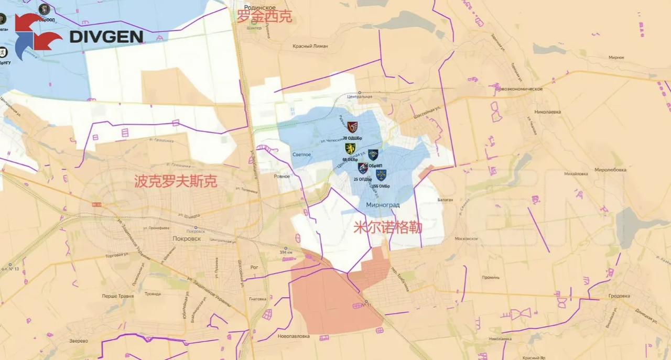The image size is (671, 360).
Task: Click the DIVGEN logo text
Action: (106, 36)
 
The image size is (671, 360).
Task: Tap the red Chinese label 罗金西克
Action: (264, 17)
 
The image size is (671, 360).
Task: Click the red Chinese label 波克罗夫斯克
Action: (176, 182)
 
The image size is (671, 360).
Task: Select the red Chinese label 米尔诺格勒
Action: (388, 228)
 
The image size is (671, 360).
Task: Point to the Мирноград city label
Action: (383, 205)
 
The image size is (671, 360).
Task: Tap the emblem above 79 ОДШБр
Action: (352, 127)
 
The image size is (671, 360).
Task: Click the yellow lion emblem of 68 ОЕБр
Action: (350, 149)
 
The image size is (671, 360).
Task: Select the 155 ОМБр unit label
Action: (381, 186)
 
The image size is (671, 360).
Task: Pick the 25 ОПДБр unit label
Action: (363, 180)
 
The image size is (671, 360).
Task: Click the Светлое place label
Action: (302, 155)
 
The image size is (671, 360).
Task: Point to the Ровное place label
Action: (282, 176)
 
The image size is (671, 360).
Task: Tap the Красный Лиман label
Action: (310, 46)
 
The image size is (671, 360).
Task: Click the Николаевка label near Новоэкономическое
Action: (548, 112)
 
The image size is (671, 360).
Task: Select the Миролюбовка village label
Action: (610, 170)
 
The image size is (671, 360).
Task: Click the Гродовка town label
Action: (619, 296)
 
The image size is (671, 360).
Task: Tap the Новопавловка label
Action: (292, 336)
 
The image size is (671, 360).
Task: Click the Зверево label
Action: (79, 341)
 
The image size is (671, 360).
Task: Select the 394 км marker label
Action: (285, 253)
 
